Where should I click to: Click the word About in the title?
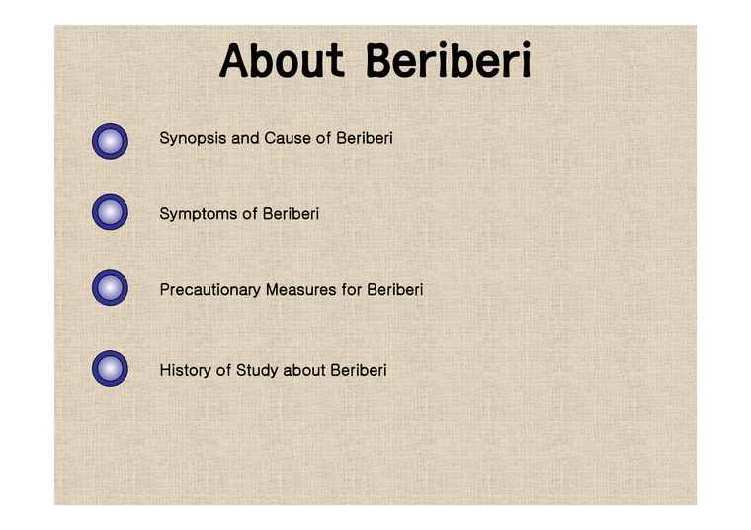(283, 61)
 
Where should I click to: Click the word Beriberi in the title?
(449, 61)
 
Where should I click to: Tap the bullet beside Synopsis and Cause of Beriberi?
(110, 142)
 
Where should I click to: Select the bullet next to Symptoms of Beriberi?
(110, 212)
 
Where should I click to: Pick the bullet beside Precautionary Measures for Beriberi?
(110, 289)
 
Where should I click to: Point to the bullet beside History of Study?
(110, 369)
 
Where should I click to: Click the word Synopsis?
(193, 139)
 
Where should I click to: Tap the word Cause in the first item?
(288, 138)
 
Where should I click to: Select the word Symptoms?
(199, 214)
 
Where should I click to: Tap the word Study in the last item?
(257, 371)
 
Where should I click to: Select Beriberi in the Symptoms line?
(291, 213)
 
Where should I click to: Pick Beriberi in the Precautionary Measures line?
(395, 290)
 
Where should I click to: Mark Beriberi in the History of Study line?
(359, 371)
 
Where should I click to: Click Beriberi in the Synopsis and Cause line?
(365, 138)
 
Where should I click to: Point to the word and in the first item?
(245, 138)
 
